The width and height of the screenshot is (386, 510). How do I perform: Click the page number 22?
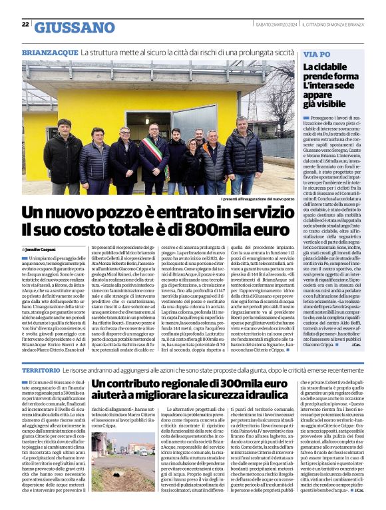pyautogui.click(x=25, y=24)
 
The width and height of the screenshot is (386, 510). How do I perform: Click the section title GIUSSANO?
pyautogui.click(x=75, y=27)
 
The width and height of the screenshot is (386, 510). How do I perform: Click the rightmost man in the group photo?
pyautogui.click(x=242, y=153)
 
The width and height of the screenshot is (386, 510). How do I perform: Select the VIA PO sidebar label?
pyautogui.click(x=317, y=54)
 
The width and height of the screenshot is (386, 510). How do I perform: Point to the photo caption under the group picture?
pyautogui.click(x=258, y=199)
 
